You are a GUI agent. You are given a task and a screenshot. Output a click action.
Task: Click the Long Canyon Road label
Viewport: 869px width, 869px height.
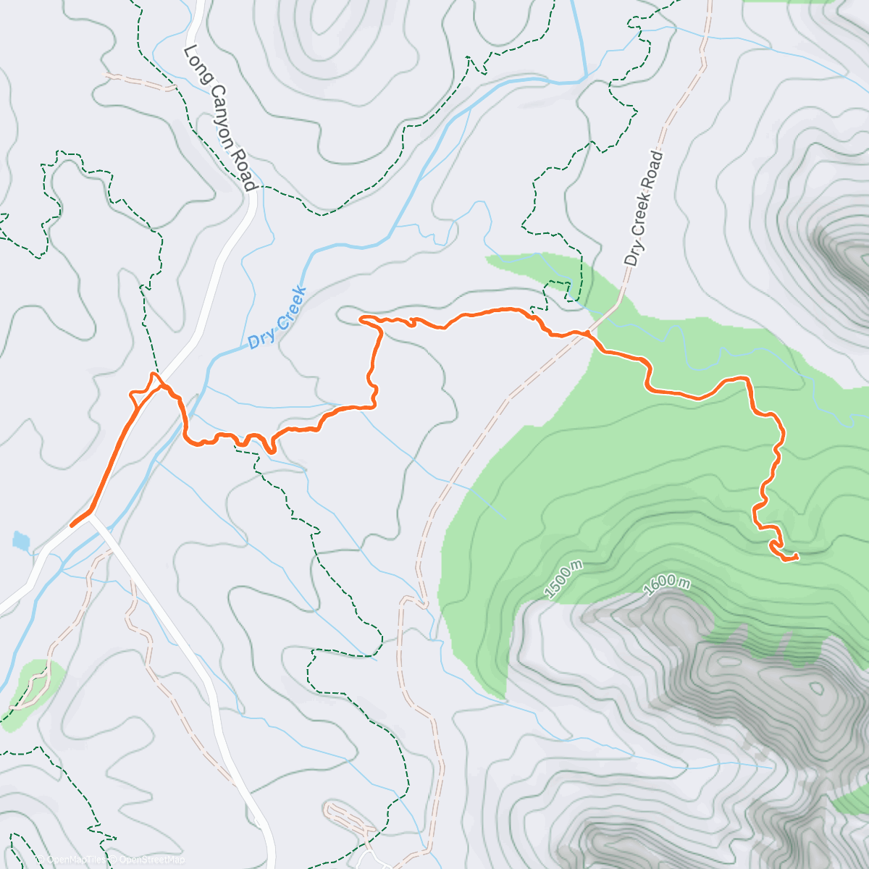click(219, 118)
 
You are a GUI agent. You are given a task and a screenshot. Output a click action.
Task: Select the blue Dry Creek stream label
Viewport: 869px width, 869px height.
click(277, 319)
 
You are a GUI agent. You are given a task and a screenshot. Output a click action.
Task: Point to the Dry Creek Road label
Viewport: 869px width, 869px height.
click(644, 208)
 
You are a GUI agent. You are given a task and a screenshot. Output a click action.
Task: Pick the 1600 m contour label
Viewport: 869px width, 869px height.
click(666, 582)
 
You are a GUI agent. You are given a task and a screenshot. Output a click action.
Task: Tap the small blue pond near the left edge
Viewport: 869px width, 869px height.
click(21, 540)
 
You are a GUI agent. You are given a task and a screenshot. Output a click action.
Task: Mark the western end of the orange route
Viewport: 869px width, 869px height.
click(72, 525)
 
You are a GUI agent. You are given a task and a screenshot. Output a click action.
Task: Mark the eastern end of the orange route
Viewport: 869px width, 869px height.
click(797, 556)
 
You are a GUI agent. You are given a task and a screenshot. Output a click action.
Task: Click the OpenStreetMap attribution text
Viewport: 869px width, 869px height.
click(151, 860)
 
